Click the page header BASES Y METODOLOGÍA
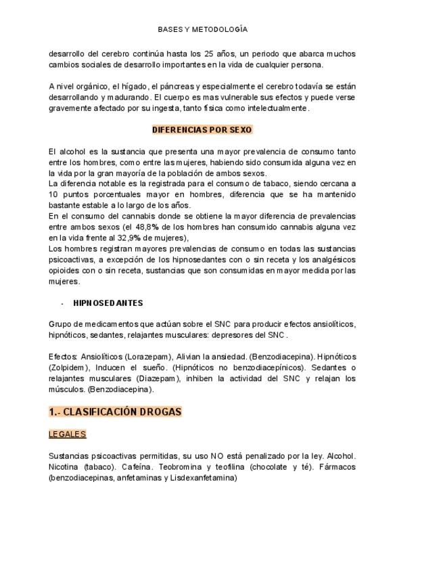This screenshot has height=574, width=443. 202,30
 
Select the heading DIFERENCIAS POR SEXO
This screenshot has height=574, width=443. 202,129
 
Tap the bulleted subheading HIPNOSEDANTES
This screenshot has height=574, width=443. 108,303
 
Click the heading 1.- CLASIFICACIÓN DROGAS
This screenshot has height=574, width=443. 115,412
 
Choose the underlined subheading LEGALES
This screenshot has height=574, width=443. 67,434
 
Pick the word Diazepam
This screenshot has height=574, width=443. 159,378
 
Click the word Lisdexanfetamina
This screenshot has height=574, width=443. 203,477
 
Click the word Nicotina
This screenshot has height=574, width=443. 64,466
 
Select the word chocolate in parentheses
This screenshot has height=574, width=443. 271,466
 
